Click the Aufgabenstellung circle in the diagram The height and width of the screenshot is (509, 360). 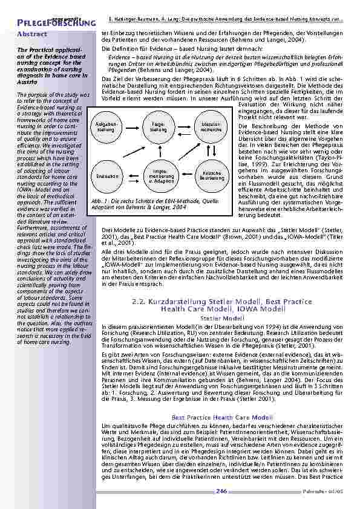(105, 127)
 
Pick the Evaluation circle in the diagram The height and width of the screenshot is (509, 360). (106, 175)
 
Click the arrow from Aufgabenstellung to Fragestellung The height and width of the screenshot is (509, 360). (131, 127)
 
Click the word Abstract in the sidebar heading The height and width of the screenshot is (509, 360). (32, 34)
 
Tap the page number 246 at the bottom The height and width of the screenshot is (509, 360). (221, 491)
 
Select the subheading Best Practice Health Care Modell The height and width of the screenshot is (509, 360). (221, 417)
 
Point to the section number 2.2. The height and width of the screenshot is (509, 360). (139, 301)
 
